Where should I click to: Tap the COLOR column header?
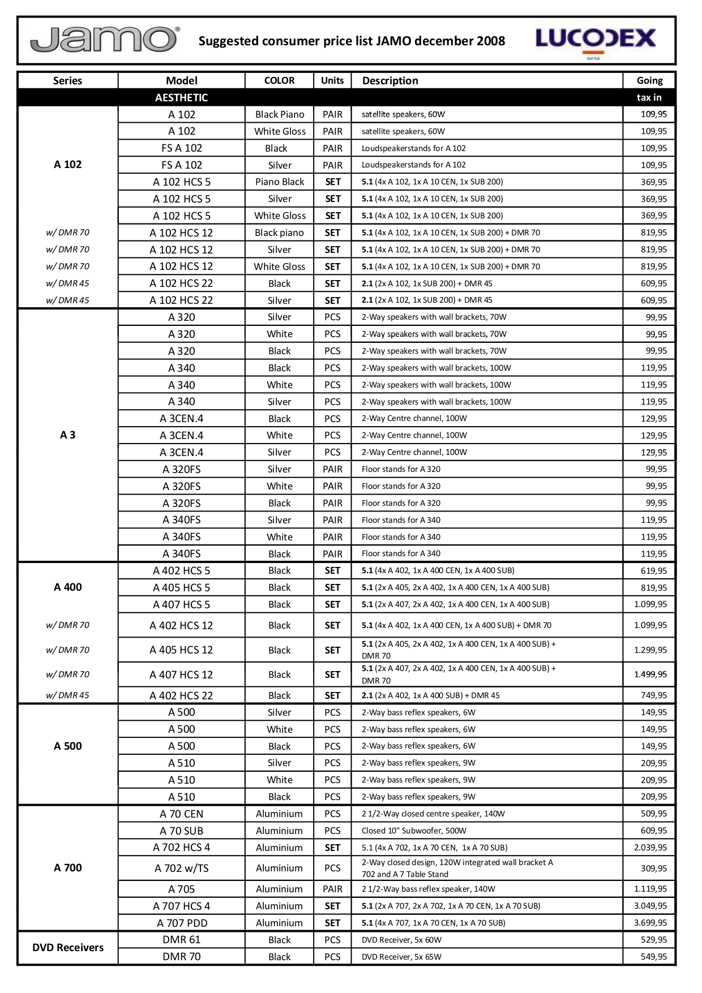(279, 80)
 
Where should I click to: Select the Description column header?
(390, 80)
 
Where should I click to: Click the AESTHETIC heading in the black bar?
(181, 97)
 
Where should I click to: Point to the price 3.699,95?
(650, 922)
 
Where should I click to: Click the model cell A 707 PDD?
(182, 923)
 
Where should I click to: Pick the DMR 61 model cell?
(182, 939)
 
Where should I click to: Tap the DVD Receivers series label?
(68, 947)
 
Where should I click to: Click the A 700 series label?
(68, 867)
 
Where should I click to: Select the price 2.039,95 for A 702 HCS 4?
(650, 847)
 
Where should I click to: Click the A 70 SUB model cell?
(181, 831)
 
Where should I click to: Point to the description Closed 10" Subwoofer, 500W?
(414, 831)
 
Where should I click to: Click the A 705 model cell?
(181, 889)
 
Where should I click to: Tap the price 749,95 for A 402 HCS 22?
(653, 695)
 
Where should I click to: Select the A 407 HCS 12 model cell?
(181, 674)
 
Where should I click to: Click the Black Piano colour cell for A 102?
(280, 114)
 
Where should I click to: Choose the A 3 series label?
(68, 435)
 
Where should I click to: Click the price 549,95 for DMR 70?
(653, 956)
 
